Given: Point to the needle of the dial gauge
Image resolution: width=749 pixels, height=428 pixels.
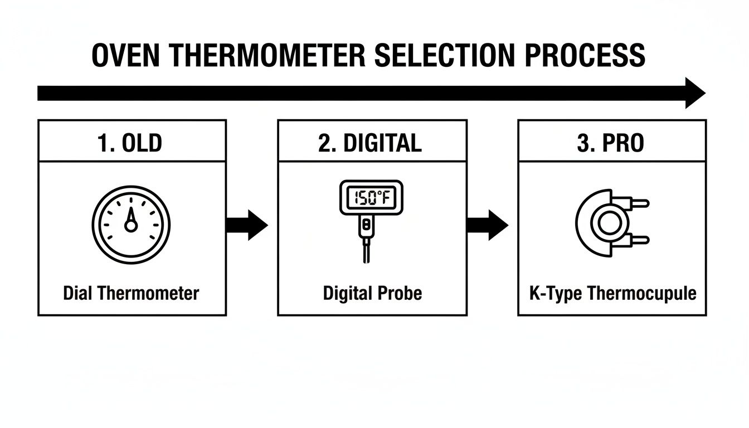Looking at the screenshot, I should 131,217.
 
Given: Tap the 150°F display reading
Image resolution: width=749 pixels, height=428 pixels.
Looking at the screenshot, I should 369,197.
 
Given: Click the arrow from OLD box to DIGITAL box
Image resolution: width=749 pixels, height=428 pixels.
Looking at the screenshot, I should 247,225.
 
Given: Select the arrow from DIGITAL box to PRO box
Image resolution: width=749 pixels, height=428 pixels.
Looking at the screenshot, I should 487,225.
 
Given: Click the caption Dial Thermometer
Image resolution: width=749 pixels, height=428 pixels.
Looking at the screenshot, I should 131,293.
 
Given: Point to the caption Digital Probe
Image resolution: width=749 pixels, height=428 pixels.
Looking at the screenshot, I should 372,293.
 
